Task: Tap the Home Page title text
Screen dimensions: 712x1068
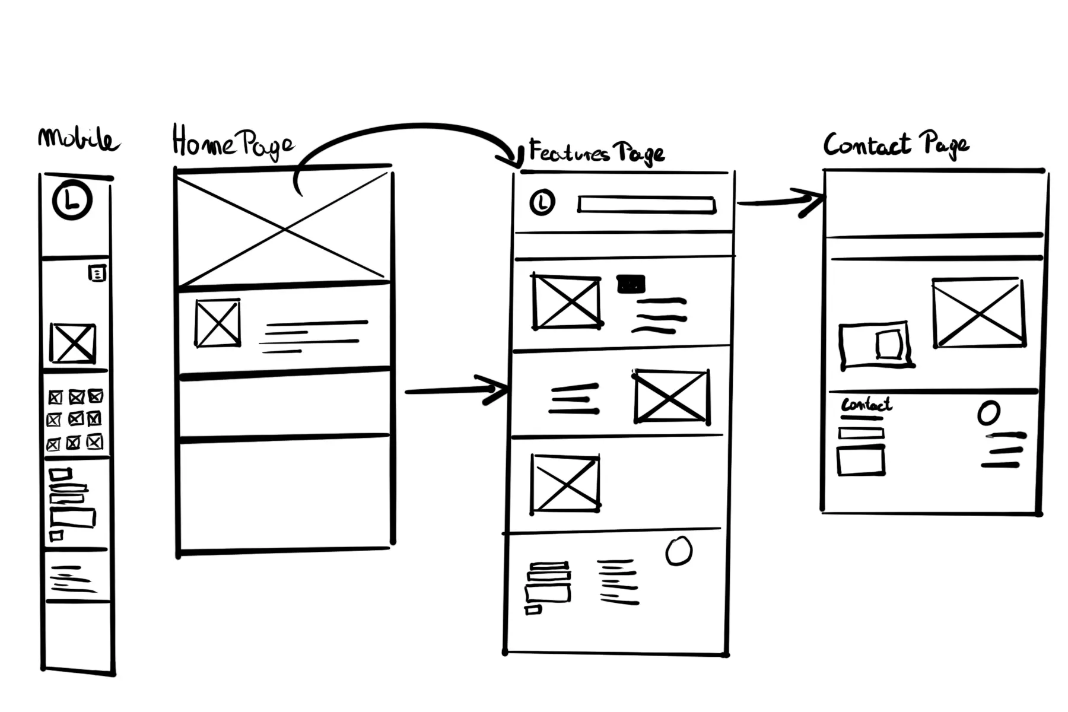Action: coord(232,143)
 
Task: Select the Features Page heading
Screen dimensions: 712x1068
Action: coord(596,152)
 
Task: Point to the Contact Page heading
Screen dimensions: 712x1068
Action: coord(896,145)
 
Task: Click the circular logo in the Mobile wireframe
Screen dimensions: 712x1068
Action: coord(72,201)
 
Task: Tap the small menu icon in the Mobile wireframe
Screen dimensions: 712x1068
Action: coord(97,273)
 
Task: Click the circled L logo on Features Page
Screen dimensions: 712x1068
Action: coord(542,202)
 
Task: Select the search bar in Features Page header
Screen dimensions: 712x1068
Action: coord(647,205)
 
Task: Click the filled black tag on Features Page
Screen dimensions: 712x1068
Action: coord(631,284)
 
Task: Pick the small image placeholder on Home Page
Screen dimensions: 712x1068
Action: coord(218,323)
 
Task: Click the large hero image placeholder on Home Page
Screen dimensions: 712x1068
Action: coord(284,228)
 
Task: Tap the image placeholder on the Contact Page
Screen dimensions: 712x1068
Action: coord(978,312)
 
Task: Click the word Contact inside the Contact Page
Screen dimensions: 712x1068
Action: coord(866,405)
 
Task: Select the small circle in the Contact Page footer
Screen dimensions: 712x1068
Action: coord(988,413)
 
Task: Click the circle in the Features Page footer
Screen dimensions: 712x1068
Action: coord(679,551)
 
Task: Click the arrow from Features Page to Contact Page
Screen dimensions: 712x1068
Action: coord(780,202)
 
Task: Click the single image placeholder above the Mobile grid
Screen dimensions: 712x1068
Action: coord(73,343)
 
